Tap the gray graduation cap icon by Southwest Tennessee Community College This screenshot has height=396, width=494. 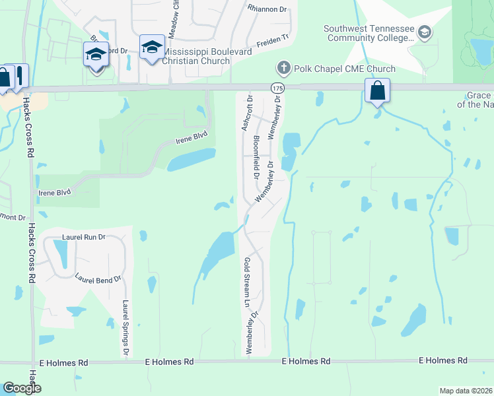(425, 32)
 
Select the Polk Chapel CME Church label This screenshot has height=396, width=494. (344, 69)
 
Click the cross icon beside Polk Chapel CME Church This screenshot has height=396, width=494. (283, 68)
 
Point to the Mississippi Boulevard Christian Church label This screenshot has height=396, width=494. (196, 56)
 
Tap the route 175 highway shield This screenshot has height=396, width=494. (276, 88)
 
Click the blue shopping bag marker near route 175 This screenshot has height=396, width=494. (377, 90)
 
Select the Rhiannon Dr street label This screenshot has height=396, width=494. (268, 9)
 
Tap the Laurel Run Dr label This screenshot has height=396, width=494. (84, 236)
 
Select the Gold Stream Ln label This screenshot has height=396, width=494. (247, 284)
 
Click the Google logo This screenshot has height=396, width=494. (22, 388)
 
